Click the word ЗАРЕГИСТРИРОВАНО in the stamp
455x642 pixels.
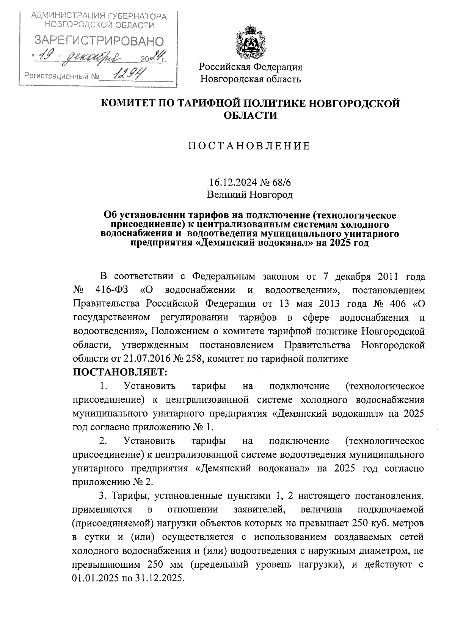click(99, 41)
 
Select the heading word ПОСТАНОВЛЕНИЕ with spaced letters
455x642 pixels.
click(250, 146)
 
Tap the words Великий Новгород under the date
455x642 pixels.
click(250, 195)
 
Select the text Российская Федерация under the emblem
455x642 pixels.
click(251, 67)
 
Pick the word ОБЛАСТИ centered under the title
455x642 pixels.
click(250, 116)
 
